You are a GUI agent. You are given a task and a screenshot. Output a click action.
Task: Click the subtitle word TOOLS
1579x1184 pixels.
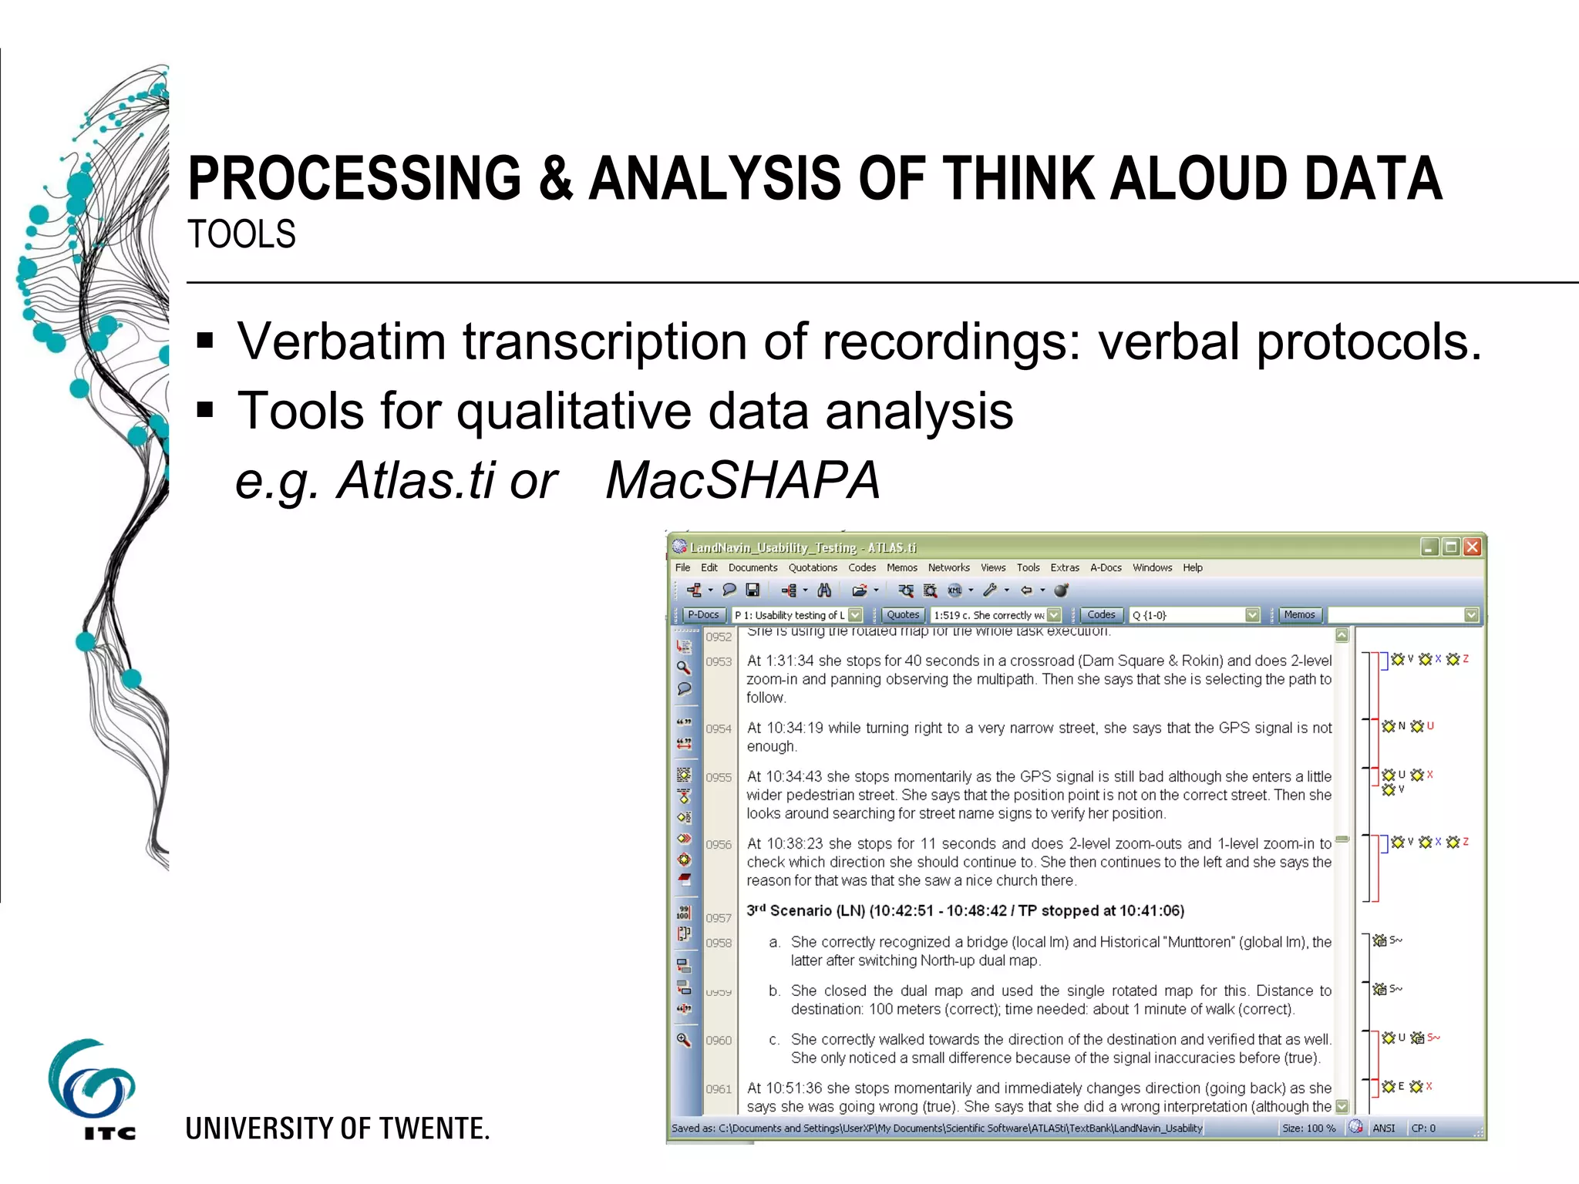click(x=241, y=234)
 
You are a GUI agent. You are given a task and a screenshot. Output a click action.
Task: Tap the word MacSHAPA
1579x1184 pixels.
click(x=742, y=480)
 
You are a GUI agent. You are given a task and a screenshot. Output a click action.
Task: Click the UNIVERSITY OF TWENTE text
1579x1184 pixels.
click(x=338, y=1128)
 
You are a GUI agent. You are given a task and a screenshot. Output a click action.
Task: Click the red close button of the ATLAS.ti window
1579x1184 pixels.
click(x=1472, y=547)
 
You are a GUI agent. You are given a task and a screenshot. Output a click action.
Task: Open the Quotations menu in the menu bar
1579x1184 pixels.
click(x=812, y=567)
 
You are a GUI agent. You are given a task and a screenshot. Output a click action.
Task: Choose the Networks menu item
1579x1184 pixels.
click(x=948, y=567)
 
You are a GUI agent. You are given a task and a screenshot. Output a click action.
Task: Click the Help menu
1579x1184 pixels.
click(x=1192, y=567)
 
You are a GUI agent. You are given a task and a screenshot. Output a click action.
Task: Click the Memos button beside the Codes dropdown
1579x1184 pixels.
click(x=1299, y=614)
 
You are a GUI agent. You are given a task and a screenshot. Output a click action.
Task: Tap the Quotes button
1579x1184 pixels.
click(x=903, y=614)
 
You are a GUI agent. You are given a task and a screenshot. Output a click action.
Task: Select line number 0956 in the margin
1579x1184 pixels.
click(x=719, y=845)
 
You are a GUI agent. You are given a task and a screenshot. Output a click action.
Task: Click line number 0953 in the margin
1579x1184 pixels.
click(x=719, y=661)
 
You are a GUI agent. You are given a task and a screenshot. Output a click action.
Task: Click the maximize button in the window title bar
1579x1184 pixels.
click(x=1450, y=547)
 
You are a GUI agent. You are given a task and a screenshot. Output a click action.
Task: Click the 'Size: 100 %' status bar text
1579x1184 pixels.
click(x=1308, y=1128)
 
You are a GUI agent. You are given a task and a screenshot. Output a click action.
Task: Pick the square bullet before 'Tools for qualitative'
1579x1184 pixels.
click(x=205, y=410)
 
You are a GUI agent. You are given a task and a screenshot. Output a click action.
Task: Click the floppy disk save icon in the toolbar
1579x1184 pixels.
click(x=752, y=590)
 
